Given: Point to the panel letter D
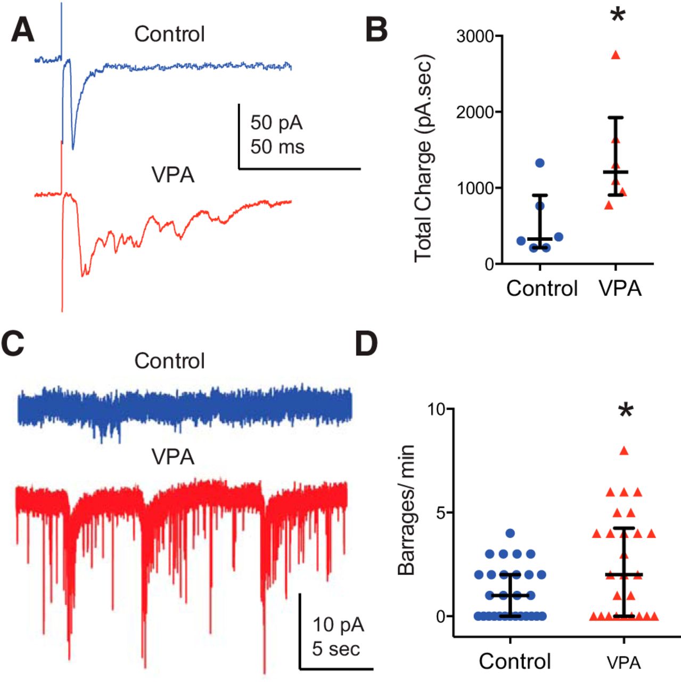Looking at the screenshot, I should (366, 344).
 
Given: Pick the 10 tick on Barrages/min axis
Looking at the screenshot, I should (440, 409).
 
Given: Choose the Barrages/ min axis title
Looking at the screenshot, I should (406, 510).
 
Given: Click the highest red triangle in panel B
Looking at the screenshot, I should (616, 55).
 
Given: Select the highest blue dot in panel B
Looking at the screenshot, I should (540, 163).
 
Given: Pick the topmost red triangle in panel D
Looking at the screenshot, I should (624, 451).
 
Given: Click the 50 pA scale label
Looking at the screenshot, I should (276, 123).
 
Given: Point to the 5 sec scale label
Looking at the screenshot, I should (336, 649).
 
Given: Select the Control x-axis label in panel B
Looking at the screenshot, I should (541, 288).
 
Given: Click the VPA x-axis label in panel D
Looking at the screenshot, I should (623, 662).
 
